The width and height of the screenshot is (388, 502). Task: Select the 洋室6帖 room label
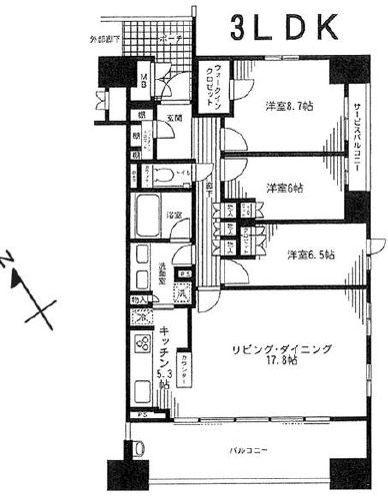point(286,187)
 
